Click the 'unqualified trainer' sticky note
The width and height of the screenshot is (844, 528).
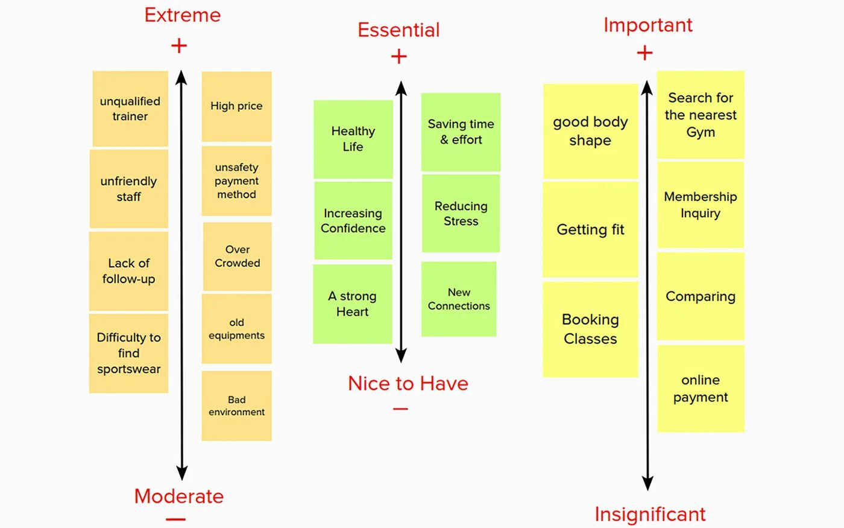pyautogui.click(x=130, y=109)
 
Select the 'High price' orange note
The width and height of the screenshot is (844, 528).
pyautogui.click(x=236, y=106)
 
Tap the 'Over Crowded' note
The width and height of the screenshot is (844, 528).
pyautogui.click(x=238, y=256)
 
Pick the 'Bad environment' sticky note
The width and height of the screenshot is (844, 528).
pyautogui.click(x=236, y=406)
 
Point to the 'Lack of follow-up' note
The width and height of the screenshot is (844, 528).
pyautogui.click(x=128, y=271)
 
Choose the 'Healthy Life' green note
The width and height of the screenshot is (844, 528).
pyautogui.click(x=353, y=139)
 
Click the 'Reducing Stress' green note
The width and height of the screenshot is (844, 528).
pyautogui.click(x=461, y=214)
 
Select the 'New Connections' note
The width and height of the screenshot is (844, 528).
pyautogui.click(x=459, y=299)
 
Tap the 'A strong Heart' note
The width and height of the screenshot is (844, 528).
pyautogui.click(x=352, y=304)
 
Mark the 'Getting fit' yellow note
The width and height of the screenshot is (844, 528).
pyautogui.click(x=590, y=229)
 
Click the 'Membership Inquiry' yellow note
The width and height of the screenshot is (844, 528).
pyautogui.click(x=701, y=205)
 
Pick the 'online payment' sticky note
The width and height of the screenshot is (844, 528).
pyautogui.click(x=701, y=389)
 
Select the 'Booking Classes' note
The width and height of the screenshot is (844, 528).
pyautogui.click(x=590, y=329)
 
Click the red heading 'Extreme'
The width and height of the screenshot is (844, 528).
pyautogui.click(x=183, y=15)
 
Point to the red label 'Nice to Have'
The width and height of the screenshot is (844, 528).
pyautogui.click(x=408, y=384)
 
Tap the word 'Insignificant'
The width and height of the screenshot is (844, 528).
pyautogui.click(x=650, y=514)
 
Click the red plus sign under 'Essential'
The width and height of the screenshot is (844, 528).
pyautogui.click(x=399, y=57)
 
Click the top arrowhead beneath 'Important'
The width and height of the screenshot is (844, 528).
pyautogui.click(x=647, y=88)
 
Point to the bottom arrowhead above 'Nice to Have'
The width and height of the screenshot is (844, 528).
pyautogui.click(x=401, y=355)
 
